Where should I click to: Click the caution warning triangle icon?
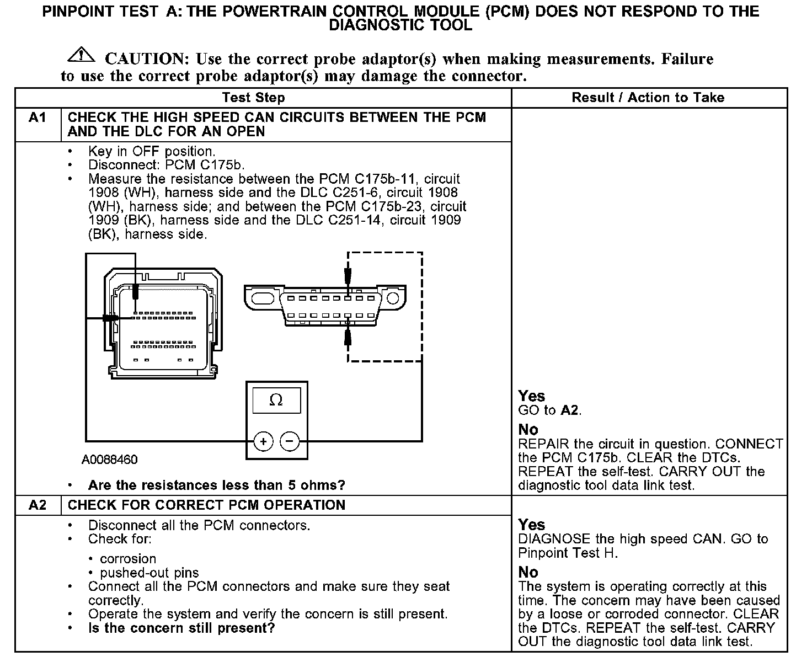click(81, 54)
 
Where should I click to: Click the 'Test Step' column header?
click(253, 98)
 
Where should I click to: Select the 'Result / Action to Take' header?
click(648, 98)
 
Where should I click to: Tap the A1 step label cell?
click(37, 118)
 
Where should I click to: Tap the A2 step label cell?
click(37, 505)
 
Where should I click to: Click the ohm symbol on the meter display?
click(276, 401)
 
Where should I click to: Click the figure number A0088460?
click(110, 460)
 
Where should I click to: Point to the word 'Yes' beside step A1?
click(531, 396)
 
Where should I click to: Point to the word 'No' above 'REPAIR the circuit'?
click(528, 430)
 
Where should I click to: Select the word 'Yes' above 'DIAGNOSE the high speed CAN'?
click(531, 525)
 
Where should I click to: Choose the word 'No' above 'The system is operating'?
click(528, 572)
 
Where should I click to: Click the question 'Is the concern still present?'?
click(181, 628)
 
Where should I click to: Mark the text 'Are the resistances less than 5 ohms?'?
click(216, 485)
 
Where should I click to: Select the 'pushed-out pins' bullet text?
click(149, 573)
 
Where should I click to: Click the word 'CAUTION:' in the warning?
click(147, 59)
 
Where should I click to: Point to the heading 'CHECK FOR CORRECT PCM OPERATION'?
click(206, 505)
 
